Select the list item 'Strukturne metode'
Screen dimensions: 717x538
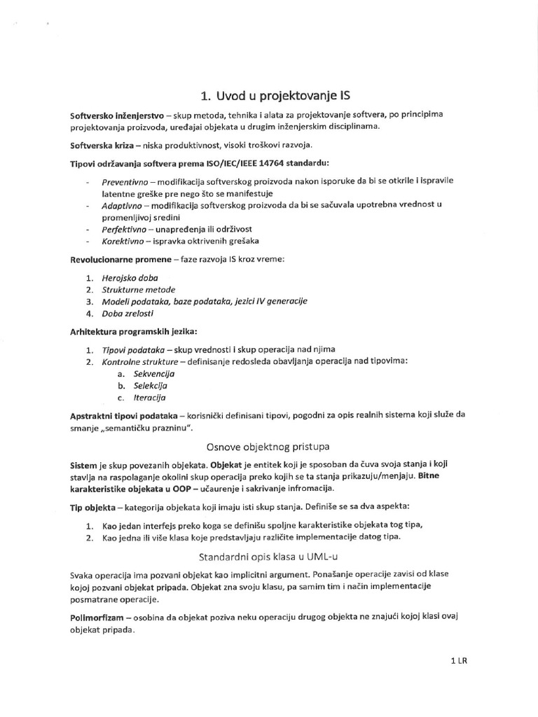(139, 289)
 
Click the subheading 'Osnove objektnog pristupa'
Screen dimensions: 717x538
(268, 446)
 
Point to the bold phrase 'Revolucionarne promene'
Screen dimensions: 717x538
(117, 259)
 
